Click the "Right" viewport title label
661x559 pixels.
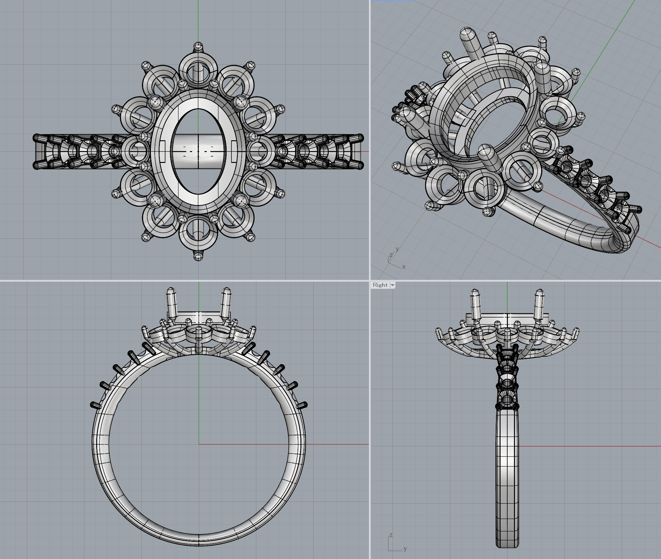click(x=380, y=285)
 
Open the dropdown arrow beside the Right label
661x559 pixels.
click(x=393, y=285)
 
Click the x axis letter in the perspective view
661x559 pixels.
click(x=404, y=267)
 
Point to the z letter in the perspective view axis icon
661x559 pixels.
click(x=391, y=255)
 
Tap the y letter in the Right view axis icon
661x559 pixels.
click(x=405, y=548)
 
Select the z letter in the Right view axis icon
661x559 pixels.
click(x=391, y=535)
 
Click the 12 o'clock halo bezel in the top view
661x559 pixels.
click(x=198, y=71)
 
